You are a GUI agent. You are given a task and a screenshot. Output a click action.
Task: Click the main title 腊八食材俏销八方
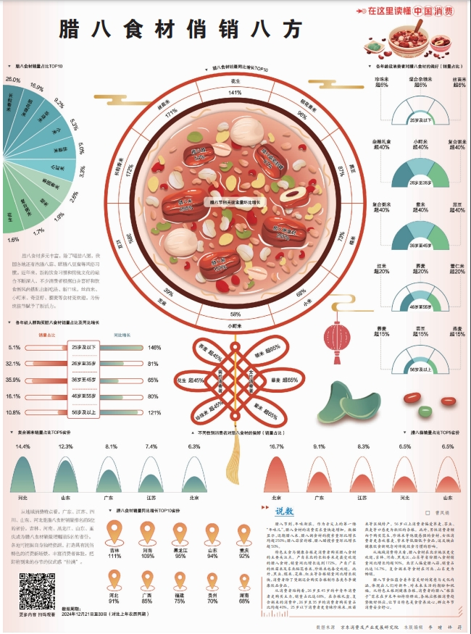[x=180, y=30]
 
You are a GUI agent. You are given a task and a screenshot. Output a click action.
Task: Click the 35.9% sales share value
[x=13, y=380]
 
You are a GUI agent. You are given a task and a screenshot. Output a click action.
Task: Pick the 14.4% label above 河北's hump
[x=23, y=447]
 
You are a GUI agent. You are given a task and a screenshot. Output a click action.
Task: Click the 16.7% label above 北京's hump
[x=276, y=447]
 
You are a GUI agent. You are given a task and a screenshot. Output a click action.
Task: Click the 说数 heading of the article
[x=285, y=512]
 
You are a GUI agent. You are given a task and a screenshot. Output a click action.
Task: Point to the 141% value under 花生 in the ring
[x=235, y=93]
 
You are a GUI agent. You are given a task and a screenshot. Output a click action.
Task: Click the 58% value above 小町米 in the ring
[x=235, y=314]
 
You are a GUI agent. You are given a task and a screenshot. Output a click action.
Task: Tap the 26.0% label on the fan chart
[x=12, y=79]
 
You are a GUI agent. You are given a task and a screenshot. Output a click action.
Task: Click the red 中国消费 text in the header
[x=434, y=12]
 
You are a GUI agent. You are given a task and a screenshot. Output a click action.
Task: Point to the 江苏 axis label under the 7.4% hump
[x=151, y=499]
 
